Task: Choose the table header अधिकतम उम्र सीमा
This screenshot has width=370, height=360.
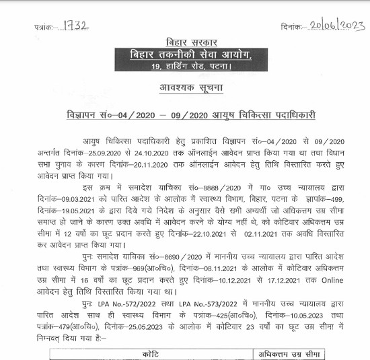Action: (289, 354)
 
